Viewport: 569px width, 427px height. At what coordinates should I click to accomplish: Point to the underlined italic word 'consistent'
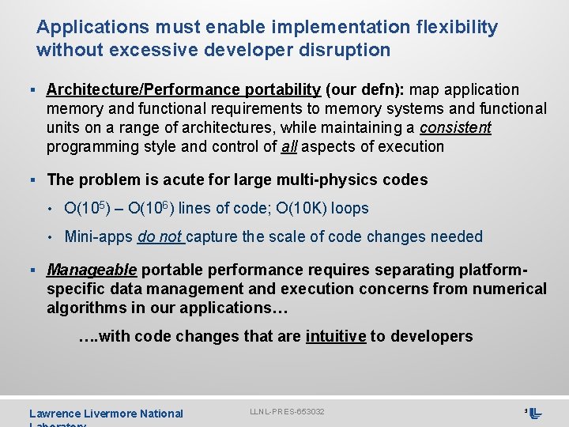coord(455,127)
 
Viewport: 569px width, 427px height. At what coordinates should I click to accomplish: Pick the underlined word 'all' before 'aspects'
coord(289,146)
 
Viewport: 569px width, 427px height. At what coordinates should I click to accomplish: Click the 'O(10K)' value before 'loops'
coord(303,208)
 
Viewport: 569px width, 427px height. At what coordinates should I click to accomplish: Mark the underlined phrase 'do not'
coord(160,236)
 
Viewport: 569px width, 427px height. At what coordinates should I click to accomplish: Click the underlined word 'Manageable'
coord(92,270)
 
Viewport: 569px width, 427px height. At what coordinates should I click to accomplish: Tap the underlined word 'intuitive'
coord(335,336)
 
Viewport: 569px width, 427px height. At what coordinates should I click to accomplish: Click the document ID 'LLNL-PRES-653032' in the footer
coord(287,412)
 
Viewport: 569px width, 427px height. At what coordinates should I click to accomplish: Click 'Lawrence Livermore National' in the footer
coord(106,414)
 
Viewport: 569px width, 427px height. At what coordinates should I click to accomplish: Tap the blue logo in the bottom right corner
coord(535,413)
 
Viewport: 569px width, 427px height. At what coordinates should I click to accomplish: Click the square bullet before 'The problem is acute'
coord(38,179)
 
